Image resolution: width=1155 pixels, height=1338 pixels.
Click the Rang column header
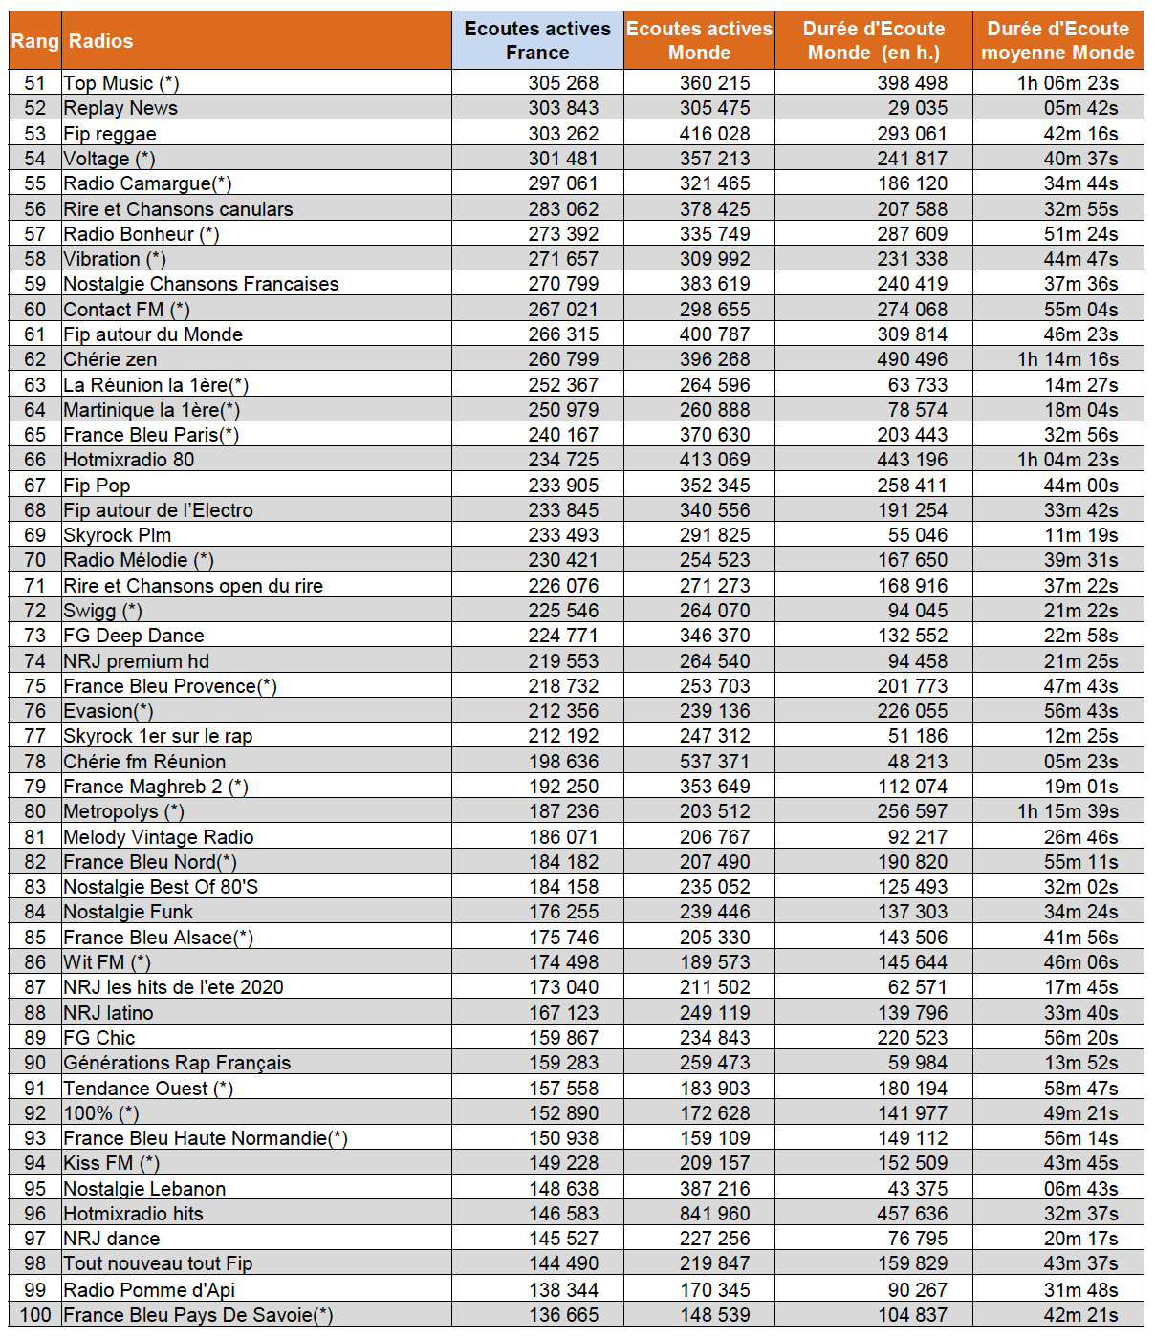(35, 41)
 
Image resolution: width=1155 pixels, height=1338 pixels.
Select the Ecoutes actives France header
(537, 40)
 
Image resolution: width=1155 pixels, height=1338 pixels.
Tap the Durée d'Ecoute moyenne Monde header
(1057, 40)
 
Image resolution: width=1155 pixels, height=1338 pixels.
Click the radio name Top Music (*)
(121, 83)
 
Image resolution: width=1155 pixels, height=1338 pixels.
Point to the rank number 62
(35, 359)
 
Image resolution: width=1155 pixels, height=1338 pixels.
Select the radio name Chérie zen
(110, 359)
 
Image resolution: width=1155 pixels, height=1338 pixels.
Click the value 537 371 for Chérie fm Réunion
(714, 762)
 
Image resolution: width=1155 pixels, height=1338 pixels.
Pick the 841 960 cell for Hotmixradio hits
(714, 1214)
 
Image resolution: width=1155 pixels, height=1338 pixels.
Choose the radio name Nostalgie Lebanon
(144, 1189)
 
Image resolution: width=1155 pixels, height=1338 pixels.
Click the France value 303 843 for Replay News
(563, 108)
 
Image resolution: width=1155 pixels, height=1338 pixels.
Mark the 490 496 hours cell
(912, 359)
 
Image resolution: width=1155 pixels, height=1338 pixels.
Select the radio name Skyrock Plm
(118, 535)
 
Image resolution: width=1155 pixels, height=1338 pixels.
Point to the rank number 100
(35, 1315)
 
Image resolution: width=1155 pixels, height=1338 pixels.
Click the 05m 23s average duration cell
(1080, 762)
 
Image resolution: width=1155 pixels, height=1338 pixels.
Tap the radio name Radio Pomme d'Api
(149, 1289)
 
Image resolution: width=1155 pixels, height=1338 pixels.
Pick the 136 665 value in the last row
(563, 1315)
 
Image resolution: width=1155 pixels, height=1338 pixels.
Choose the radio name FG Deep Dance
(134, 636)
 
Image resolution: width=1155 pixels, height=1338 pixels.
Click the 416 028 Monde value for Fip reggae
(714, 134)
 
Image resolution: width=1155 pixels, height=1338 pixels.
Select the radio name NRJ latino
(108, 1013)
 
